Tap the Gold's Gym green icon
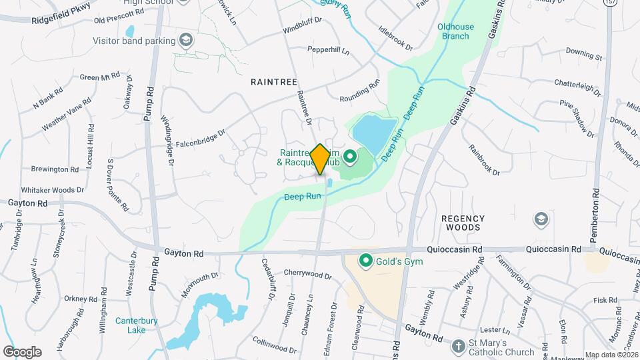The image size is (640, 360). (x=365, y=260)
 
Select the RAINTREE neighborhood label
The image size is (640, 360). (x=273, y=81)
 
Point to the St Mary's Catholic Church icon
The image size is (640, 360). (x=458, y=346)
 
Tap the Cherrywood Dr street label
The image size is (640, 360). (x=307, y=275)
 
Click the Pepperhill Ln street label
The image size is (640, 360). (x=329, y=49)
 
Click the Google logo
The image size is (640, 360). (x=22, y=351)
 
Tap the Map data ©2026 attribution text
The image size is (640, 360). (x=611, y=355)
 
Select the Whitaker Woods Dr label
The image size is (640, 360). (x=52, y=190)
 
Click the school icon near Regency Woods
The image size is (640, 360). (x=541, y=219)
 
